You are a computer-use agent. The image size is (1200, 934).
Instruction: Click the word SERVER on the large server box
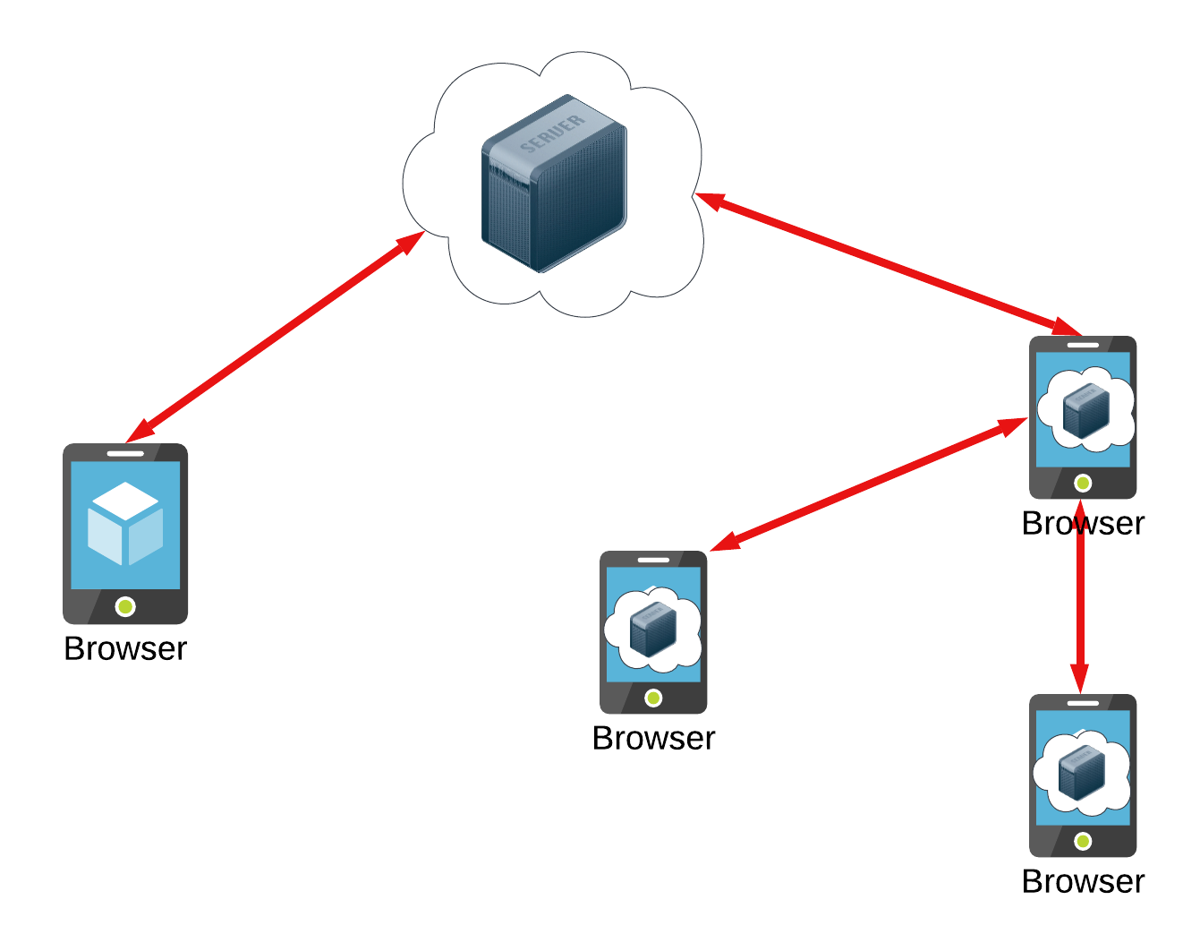[552, 133]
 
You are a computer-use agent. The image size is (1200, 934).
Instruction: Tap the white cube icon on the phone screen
[125, 523]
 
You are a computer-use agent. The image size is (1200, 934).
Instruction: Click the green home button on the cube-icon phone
[125, 607]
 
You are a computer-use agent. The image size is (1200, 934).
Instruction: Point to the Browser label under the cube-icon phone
[125, 648]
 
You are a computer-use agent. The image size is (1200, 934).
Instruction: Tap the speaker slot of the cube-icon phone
[125, 453]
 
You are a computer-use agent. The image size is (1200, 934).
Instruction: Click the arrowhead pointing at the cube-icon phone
[139, 432]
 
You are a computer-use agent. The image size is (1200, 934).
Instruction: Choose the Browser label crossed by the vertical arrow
[1083, 523]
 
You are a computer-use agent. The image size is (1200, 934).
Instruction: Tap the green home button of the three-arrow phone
[1083, 484]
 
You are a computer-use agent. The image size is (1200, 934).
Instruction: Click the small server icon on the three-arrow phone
[1085, 411]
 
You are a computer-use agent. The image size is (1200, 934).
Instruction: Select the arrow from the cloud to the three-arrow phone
[886, 263]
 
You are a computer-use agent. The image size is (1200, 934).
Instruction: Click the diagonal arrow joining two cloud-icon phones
[868, 484]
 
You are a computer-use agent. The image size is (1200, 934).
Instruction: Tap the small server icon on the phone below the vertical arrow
[1082, 772]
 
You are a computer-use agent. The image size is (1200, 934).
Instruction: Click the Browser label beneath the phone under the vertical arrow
[1083, 881]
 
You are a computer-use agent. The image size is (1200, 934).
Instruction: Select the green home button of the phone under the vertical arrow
[1083, 841]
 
